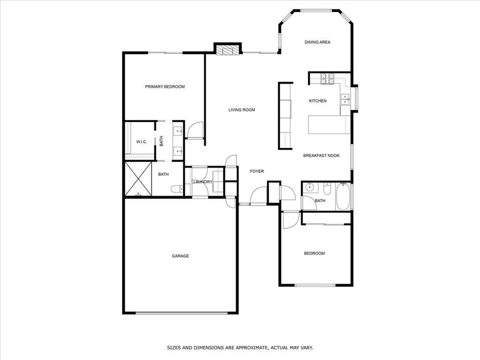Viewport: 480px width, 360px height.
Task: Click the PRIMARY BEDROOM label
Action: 165,87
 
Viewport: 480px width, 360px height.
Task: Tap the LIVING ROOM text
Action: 241,110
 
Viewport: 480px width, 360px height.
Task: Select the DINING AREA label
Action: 317,42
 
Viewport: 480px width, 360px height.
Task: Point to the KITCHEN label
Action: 317,101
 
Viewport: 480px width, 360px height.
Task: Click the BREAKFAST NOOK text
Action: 321,156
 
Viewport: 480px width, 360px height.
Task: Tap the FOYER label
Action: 256,172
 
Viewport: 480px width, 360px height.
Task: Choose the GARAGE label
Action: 180,256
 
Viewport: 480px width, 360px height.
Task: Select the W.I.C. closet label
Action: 142,142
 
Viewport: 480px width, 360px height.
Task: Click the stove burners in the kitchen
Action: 327,78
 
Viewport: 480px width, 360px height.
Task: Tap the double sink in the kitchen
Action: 345,99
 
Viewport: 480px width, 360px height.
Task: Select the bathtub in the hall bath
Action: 343,196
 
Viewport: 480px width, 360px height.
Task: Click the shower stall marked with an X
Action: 138,179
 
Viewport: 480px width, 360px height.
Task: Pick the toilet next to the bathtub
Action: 327,188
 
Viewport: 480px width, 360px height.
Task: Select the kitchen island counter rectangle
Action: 329,125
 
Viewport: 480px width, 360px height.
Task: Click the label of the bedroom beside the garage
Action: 314,254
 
